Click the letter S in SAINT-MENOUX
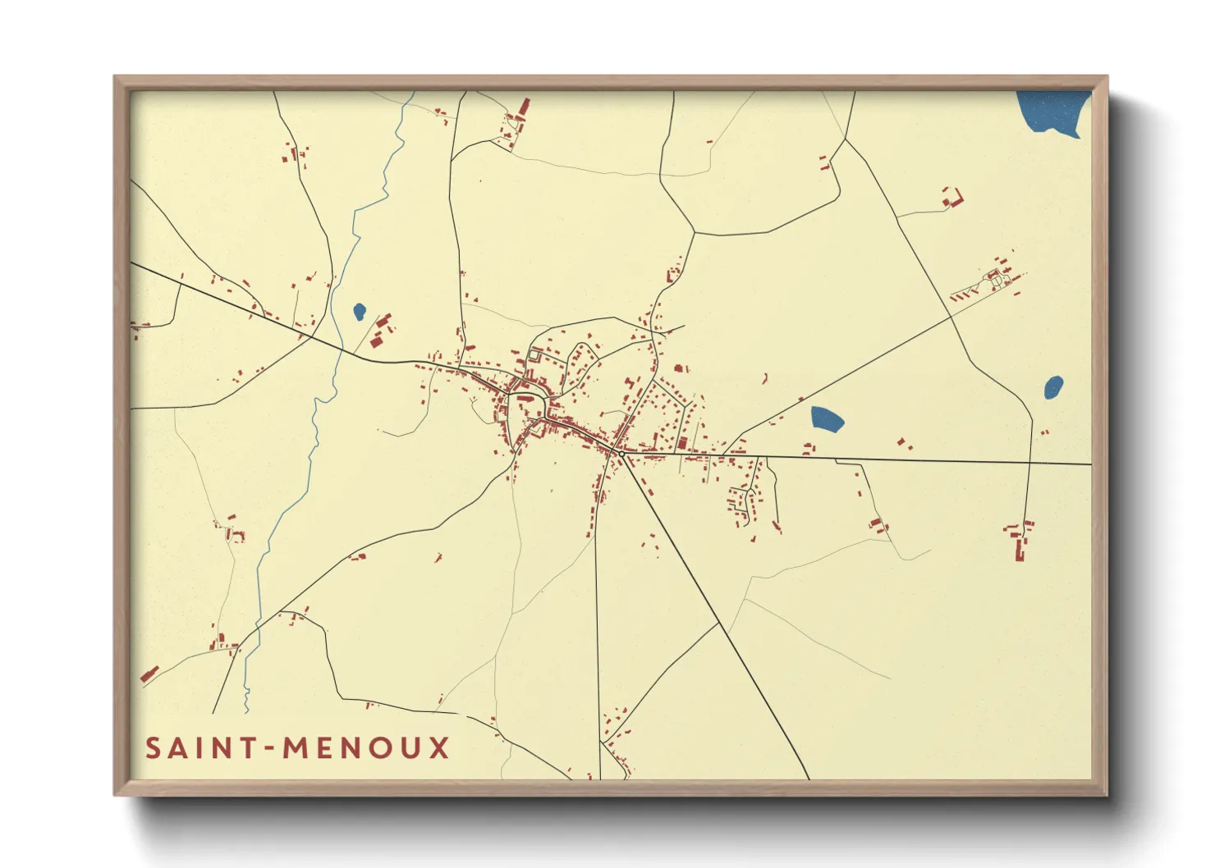[154, 748]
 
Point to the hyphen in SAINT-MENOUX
[268, 749]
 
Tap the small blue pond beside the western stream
[359, 312]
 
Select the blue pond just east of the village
[826, 419]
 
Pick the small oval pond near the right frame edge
[1053, 386]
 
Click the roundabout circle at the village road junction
[621, 453]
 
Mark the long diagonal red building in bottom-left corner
[149, 674]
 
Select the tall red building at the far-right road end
[1020, 548]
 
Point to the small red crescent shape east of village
[766, 378]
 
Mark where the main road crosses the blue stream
[337, 350]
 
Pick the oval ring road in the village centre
[527, 408]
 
